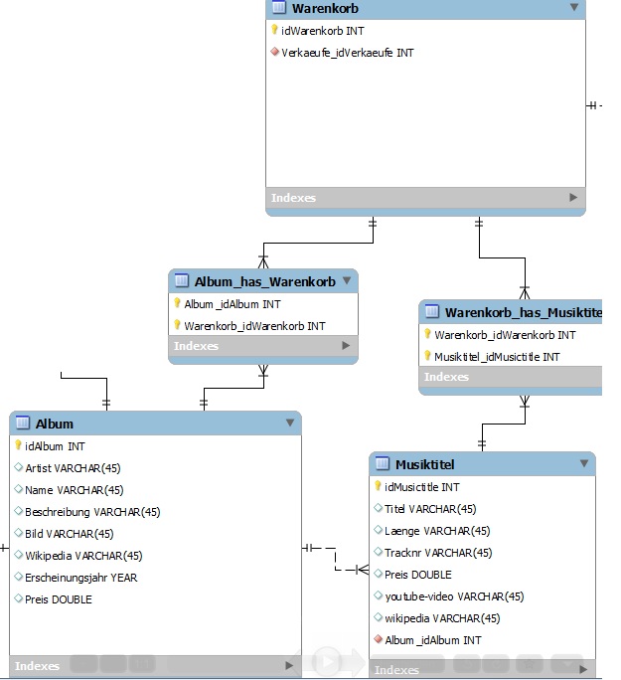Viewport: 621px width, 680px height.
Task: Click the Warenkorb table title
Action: click(x=325, y=8)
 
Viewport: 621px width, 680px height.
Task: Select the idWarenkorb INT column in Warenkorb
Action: click(x=322, y=31)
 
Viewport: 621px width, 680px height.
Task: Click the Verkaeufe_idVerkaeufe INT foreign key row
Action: click(x=348, y=53)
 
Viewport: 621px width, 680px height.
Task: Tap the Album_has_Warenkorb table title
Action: click(x=264, y=282)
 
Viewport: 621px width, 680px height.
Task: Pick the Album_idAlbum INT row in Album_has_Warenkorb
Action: click(x=233, y=304)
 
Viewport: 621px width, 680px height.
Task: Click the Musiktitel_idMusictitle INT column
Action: click(x=497, y=357)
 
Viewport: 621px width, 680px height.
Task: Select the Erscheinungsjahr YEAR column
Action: click(x=81, y=578)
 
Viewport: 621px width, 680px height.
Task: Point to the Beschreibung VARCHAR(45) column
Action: click(x=92, y=512)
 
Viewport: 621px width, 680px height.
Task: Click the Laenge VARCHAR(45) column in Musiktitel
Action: click(x=437, y=531)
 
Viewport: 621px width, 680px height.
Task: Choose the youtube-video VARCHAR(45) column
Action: click(x=454, y=596)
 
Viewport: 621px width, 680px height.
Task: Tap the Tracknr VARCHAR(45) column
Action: click(x=438, y=553)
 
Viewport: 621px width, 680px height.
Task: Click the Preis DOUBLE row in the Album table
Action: click(x=59, y=599)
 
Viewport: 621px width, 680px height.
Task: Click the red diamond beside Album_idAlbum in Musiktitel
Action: click(x=378, y=639)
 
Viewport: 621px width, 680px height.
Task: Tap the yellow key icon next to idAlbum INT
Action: click(x=18, y=445)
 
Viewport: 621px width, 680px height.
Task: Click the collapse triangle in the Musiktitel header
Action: click(x=584, y=463)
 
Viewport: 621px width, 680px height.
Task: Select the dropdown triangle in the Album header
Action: click(x=290, y=423)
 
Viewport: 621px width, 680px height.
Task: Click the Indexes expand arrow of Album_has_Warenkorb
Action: click(x=346, y=346)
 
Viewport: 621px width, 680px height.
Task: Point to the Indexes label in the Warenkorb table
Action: click(x=293, y=198)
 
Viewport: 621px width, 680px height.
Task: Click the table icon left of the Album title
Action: click(x=23, y=423)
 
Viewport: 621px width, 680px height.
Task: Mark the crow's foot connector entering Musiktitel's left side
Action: click(x=363, y=570)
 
